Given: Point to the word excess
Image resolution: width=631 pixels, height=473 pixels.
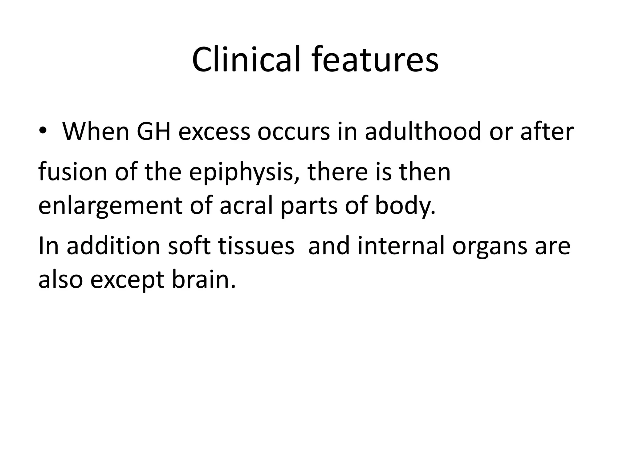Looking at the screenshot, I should point(214,131).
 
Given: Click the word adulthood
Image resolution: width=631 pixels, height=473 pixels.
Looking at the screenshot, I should point(423,131).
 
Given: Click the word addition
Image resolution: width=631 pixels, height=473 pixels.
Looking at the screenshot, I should point(113,246).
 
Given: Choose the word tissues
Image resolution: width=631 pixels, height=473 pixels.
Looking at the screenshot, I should point(256,246).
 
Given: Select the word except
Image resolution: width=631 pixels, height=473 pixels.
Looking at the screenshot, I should point(127,281).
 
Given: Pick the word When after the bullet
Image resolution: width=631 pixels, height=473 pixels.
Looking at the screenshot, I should point(96,131).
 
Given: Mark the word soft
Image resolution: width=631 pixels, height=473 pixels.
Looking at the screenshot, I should point(189,246).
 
